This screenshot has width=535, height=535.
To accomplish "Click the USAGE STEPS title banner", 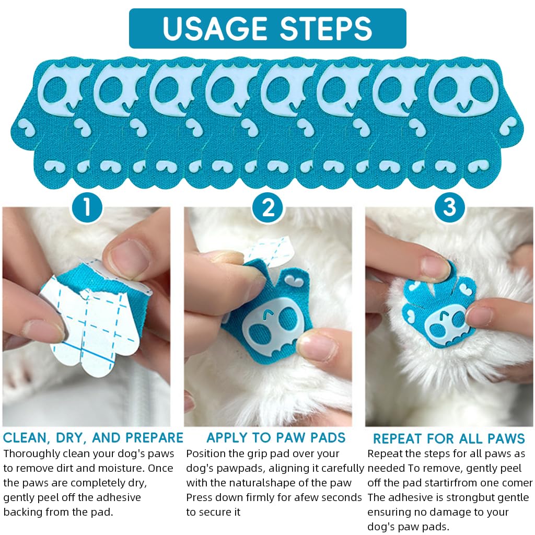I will pyautogui.click(x=267, y=29).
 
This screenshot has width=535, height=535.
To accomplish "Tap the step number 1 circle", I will pyautogui.click(x=87, y=208).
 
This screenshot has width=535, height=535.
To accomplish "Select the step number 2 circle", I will pyautogui.click(x=268, y=208).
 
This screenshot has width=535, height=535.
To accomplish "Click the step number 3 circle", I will pyautogui.click(x=449, y=208).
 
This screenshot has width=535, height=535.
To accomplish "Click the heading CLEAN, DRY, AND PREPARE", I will pyautogui.click(x=93, y=438).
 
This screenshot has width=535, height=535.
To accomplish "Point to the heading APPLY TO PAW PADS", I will pyautogui.click(x=276, y=438).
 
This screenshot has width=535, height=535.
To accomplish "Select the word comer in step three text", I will pyautogui.click(x=520, y=483).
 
